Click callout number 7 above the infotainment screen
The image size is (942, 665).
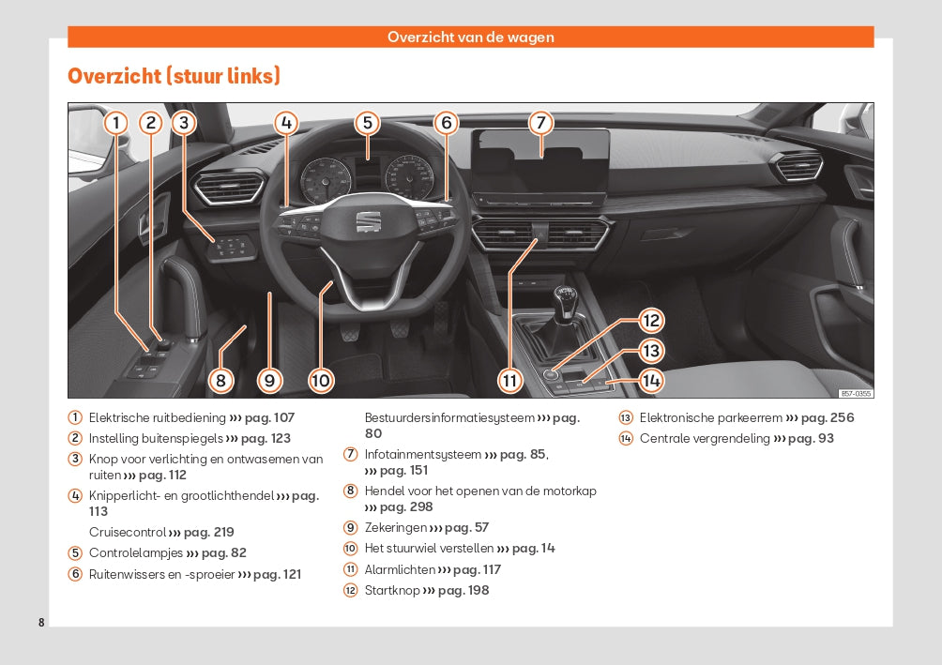[539, 123]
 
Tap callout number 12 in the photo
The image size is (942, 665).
[651, 320]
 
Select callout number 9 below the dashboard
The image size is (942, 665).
[269, 380]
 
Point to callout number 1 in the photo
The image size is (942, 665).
[115, 123]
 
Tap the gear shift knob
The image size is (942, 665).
[563, 299]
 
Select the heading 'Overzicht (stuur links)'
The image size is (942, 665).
[174, 76]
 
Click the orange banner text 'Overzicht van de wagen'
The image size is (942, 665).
[471, 38]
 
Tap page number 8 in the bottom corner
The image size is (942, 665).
[41, 623]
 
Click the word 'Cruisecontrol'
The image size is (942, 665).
[127, 532]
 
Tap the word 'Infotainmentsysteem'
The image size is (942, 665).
[422, 454]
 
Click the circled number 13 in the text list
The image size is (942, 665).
[626, 418]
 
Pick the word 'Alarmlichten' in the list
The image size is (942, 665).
[400, 569]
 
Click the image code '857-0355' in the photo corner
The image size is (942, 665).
[855, 393]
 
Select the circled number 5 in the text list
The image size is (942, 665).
[74, 552]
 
